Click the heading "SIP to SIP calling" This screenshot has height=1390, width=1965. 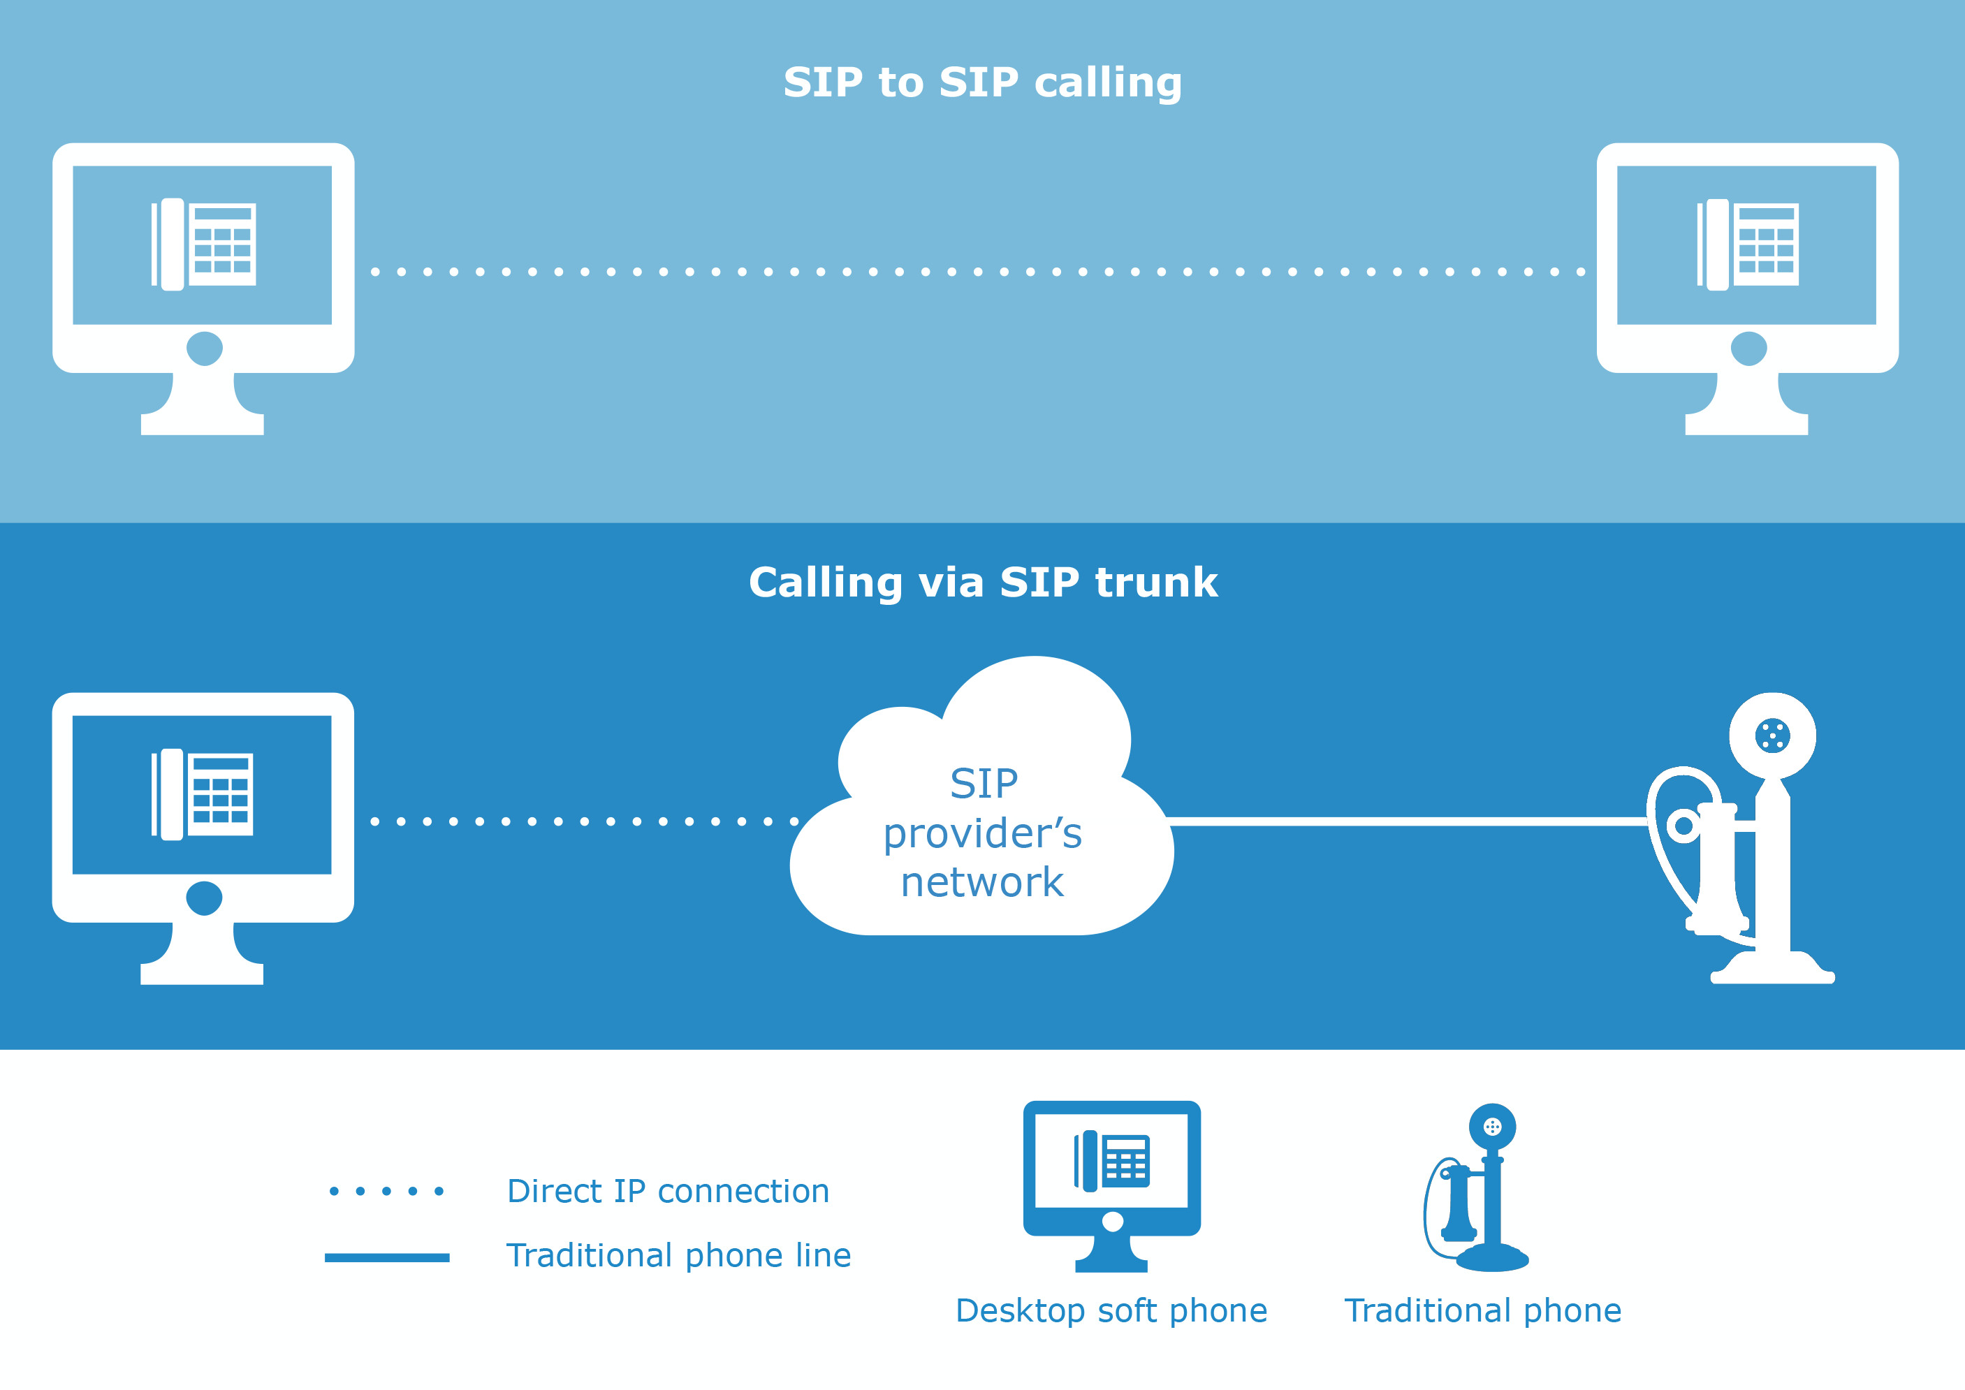pos(982,83)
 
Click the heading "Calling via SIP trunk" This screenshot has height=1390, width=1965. pos(982,583)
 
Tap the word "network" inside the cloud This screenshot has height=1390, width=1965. pos(981,882)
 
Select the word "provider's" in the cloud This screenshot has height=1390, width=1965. pos(982,834)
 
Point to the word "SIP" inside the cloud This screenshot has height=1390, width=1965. pos(984,783)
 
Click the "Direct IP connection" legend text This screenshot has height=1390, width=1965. pos(668,1192)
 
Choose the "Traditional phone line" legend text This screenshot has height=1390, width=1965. pos(678,1256)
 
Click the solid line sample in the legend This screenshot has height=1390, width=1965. pos(387,1257)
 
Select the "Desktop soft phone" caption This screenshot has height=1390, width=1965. pos(1111,1310)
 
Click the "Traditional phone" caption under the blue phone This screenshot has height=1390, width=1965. pos(1482,1310)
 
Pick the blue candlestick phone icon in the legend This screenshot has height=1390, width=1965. pos(1481,1190)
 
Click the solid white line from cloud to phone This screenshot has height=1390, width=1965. pos(1403,821)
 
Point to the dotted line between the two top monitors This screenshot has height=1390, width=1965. pos(976,272)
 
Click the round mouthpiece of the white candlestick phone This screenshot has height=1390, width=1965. pos(1772,736)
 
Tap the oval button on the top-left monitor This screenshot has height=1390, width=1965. pos(205,349)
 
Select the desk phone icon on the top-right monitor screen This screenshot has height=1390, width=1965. pos(1748,244)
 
